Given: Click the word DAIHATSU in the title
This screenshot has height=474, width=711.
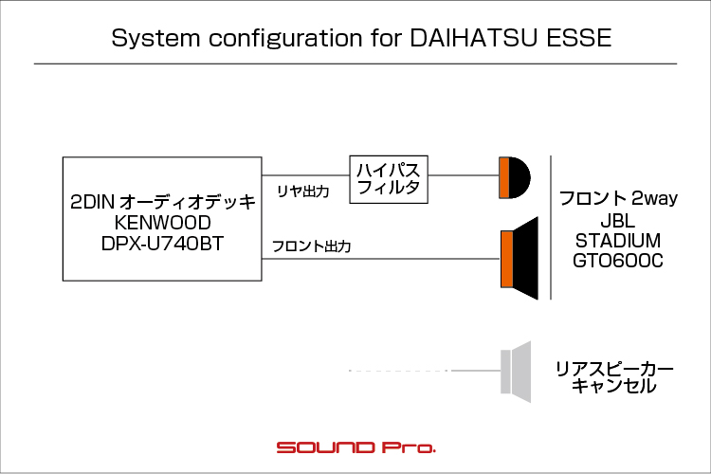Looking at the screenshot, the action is [x=474, y=38].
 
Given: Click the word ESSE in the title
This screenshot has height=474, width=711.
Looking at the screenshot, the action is [x=579, y=38].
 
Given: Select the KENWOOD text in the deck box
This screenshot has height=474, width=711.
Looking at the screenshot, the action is [x=162, y=223].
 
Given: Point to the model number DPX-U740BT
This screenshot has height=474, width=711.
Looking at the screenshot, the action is [x=162, y=244].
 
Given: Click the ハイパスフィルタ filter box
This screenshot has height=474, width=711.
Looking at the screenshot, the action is [x=389, y=179].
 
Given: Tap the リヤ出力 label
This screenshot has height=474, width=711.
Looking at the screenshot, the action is [x=303, y=191].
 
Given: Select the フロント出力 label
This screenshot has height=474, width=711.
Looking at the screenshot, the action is [x=312, y=246].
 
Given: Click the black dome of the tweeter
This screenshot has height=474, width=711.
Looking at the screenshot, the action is [x=520, y=178].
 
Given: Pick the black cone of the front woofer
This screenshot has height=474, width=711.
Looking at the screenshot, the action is [x=525, y=259].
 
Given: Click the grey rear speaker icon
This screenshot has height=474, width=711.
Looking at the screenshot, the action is [x=516, y=372].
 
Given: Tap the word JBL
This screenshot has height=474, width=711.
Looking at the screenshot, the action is [x=617, y=221].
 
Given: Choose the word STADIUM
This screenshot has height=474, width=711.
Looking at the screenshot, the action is [x=617, y=241].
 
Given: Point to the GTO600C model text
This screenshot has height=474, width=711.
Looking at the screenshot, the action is [x=617, y=261].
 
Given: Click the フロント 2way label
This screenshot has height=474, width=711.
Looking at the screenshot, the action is [x=618, y=199].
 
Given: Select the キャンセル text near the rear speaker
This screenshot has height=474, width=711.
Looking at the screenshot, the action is [x=613, y=387].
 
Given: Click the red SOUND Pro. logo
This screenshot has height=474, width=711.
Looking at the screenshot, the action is [x=355, y=447].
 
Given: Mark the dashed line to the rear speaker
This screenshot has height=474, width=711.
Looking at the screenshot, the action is [x=399, y=371].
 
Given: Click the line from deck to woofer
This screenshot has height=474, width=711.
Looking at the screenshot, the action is [x=381, y=259].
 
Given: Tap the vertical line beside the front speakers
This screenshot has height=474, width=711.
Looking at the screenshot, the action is [x=551, y=228].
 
